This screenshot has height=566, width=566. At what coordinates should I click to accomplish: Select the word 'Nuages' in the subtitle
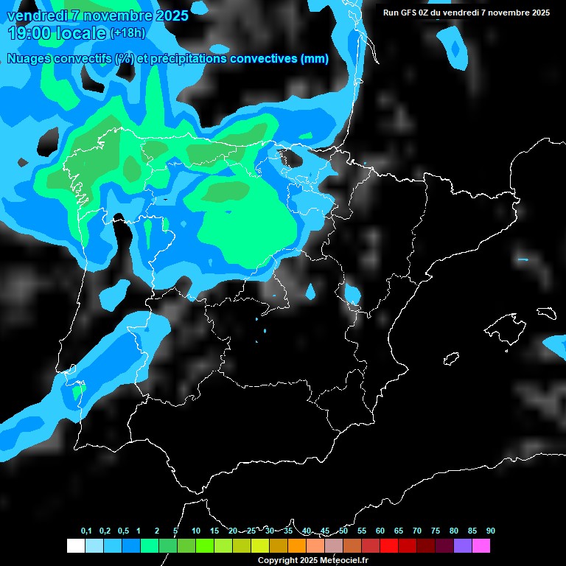(30, 59)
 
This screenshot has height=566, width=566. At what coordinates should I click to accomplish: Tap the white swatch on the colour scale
(75, 545)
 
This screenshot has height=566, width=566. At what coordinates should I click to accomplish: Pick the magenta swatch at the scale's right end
(481, 545)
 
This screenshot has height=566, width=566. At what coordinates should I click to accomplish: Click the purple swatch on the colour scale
(463, 545)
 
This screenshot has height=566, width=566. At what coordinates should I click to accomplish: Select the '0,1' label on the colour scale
(86, 531)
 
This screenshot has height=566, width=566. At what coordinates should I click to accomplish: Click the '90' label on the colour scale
(490, 531)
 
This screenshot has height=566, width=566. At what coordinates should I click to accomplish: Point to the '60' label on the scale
(380, 531)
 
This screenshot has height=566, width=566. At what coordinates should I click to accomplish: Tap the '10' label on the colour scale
(196, 531)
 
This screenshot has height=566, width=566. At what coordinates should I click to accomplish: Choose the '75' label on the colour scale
(436, 531)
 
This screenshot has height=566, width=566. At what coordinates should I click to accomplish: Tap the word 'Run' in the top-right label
(391, 13)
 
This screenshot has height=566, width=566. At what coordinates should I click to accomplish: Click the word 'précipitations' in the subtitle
(189, 59)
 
